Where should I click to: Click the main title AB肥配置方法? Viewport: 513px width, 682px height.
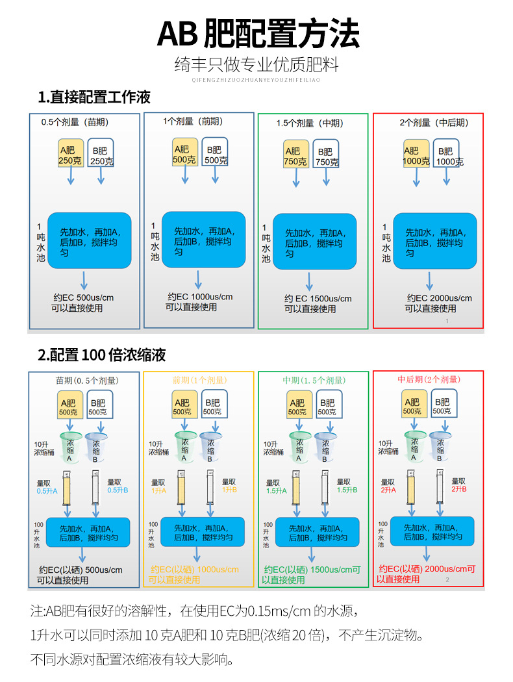coord(258,32)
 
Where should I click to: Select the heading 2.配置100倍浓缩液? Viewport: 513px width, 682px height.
coord(102,355)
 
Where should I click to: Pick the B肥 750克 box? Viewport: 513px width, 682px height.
coord(325,155)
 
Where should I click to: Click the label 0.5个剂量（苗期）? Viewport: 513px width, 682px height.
coord(75,121)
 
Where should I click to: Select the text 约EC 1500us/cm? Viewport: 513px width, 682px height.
coord(318,299)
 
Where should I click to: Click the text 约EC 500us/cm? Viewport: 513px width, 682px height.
coord(83,298)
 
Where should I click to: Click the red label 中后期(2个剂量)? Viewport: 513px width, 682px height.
coord(428,379)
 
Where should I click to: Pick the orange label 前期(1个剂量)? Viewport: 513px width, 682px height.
coord(199,380)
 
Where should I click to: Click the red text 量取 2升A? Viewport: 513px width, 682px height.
coord(388,486)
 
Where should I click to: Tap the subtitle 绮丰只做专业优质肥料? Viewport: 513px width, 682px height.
coord(256,65)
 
